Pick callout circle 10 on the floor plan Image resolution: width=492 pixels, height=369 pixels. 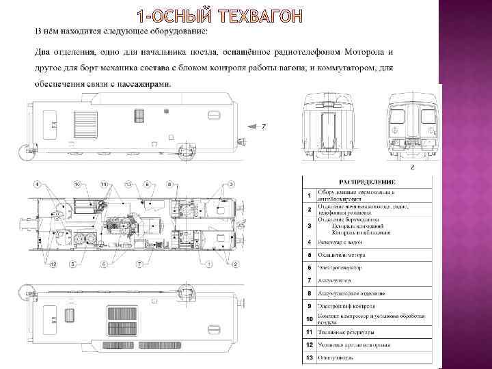tap(78, 184)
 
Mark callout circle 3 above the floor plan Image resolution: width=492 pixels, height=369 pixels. tap(232, 184)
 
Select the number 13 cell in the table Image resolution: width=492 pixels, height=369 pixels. tap(310, 357)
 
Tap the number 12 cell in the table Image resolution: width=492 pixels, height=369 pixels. tap(310, 345)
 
